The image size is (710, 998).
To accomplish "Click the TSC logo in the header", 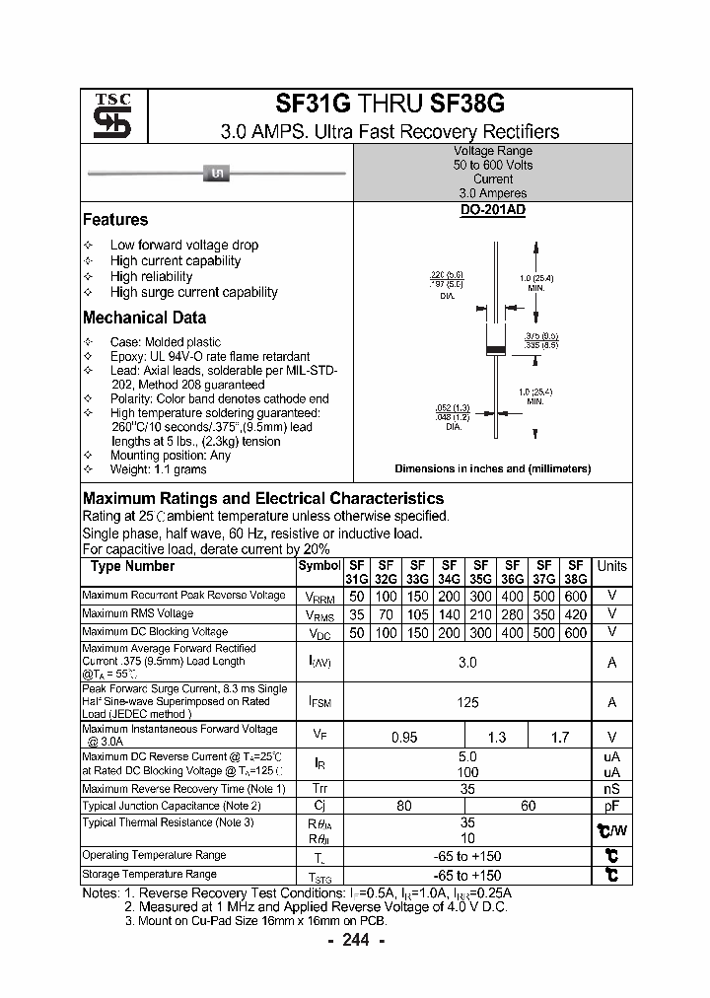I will point(106,117).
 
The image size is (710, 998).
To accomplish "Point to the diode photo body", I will point(216,175).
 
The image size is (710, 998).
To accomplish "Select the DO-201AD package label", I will point(492,211).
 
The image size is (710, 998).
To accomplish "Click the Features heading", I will point(115,220).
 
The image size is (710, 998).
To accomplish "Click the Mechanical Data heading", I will point(144,318).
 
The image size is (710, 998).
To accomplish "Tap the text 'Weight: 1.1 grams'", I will point(158,471).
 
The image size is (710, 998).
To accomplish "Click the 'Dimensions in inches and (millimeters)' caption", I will point(492,468).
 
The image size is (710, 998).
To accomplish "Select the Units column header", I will point(611,566).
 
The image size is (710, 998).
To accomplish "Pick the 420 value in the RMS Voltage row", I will point(576,614).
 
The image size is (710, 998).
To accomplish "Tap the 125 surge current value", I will point(467,702).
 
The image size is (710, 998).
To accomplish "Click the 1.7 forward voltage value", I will point(559,737).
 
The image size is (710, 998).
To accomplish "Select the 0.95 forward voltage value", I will point(404,737).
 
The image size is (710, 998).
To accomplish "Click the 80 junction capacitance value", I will point(404,806).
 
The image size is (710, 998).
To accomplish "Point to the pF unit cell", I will point(611,806).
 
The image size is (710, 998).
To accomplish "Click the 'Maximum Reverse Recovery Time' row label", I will point(184,789).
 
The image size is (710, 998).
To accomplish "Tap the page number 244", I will point(355,940).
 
